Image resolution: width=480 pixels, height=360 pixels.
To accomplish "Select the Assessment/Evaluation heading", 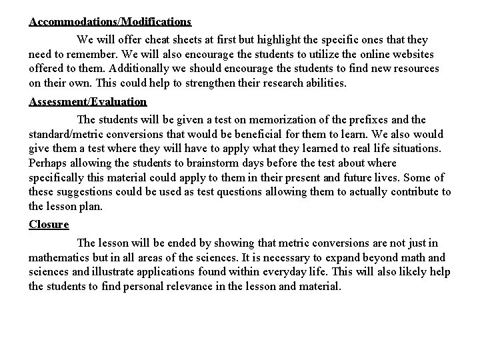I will tap(87, 101).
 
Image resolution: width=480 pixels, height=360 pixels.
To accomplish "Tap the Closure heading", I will tap(49, 224).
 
